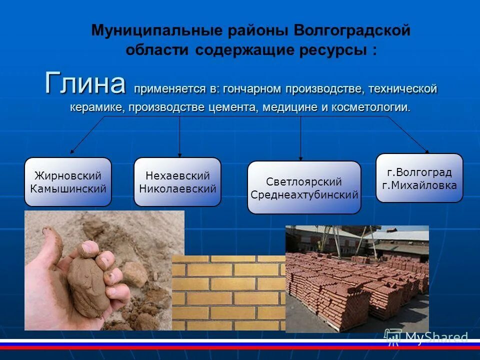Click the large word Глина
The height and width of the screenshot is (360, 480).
point(85,82)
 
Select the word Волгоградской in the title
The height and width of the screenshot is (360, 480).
point(352,30)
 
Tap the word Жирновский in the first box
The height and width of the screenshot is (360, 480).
point(68,176)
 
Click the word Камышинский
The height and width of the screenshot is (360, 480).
point(68,189)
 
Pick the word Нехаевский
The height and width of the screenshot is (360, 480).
point(177,176)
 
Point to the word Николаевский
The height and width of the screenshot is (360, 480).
point(177,189)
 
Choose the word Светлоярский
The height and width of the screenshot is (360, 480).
point(304,181)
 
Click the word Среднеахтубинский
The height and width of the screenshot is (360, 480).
point(304,195)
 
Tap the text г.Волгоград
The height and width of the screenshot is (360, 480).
point(419,172)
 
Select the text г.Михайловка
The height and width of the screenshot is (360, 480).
point(419,185)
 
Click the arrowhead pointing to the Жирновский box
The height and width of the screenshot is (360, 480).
point(72,151)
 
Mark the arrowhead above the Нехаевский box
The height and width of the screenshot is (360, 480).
point(180,154)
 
